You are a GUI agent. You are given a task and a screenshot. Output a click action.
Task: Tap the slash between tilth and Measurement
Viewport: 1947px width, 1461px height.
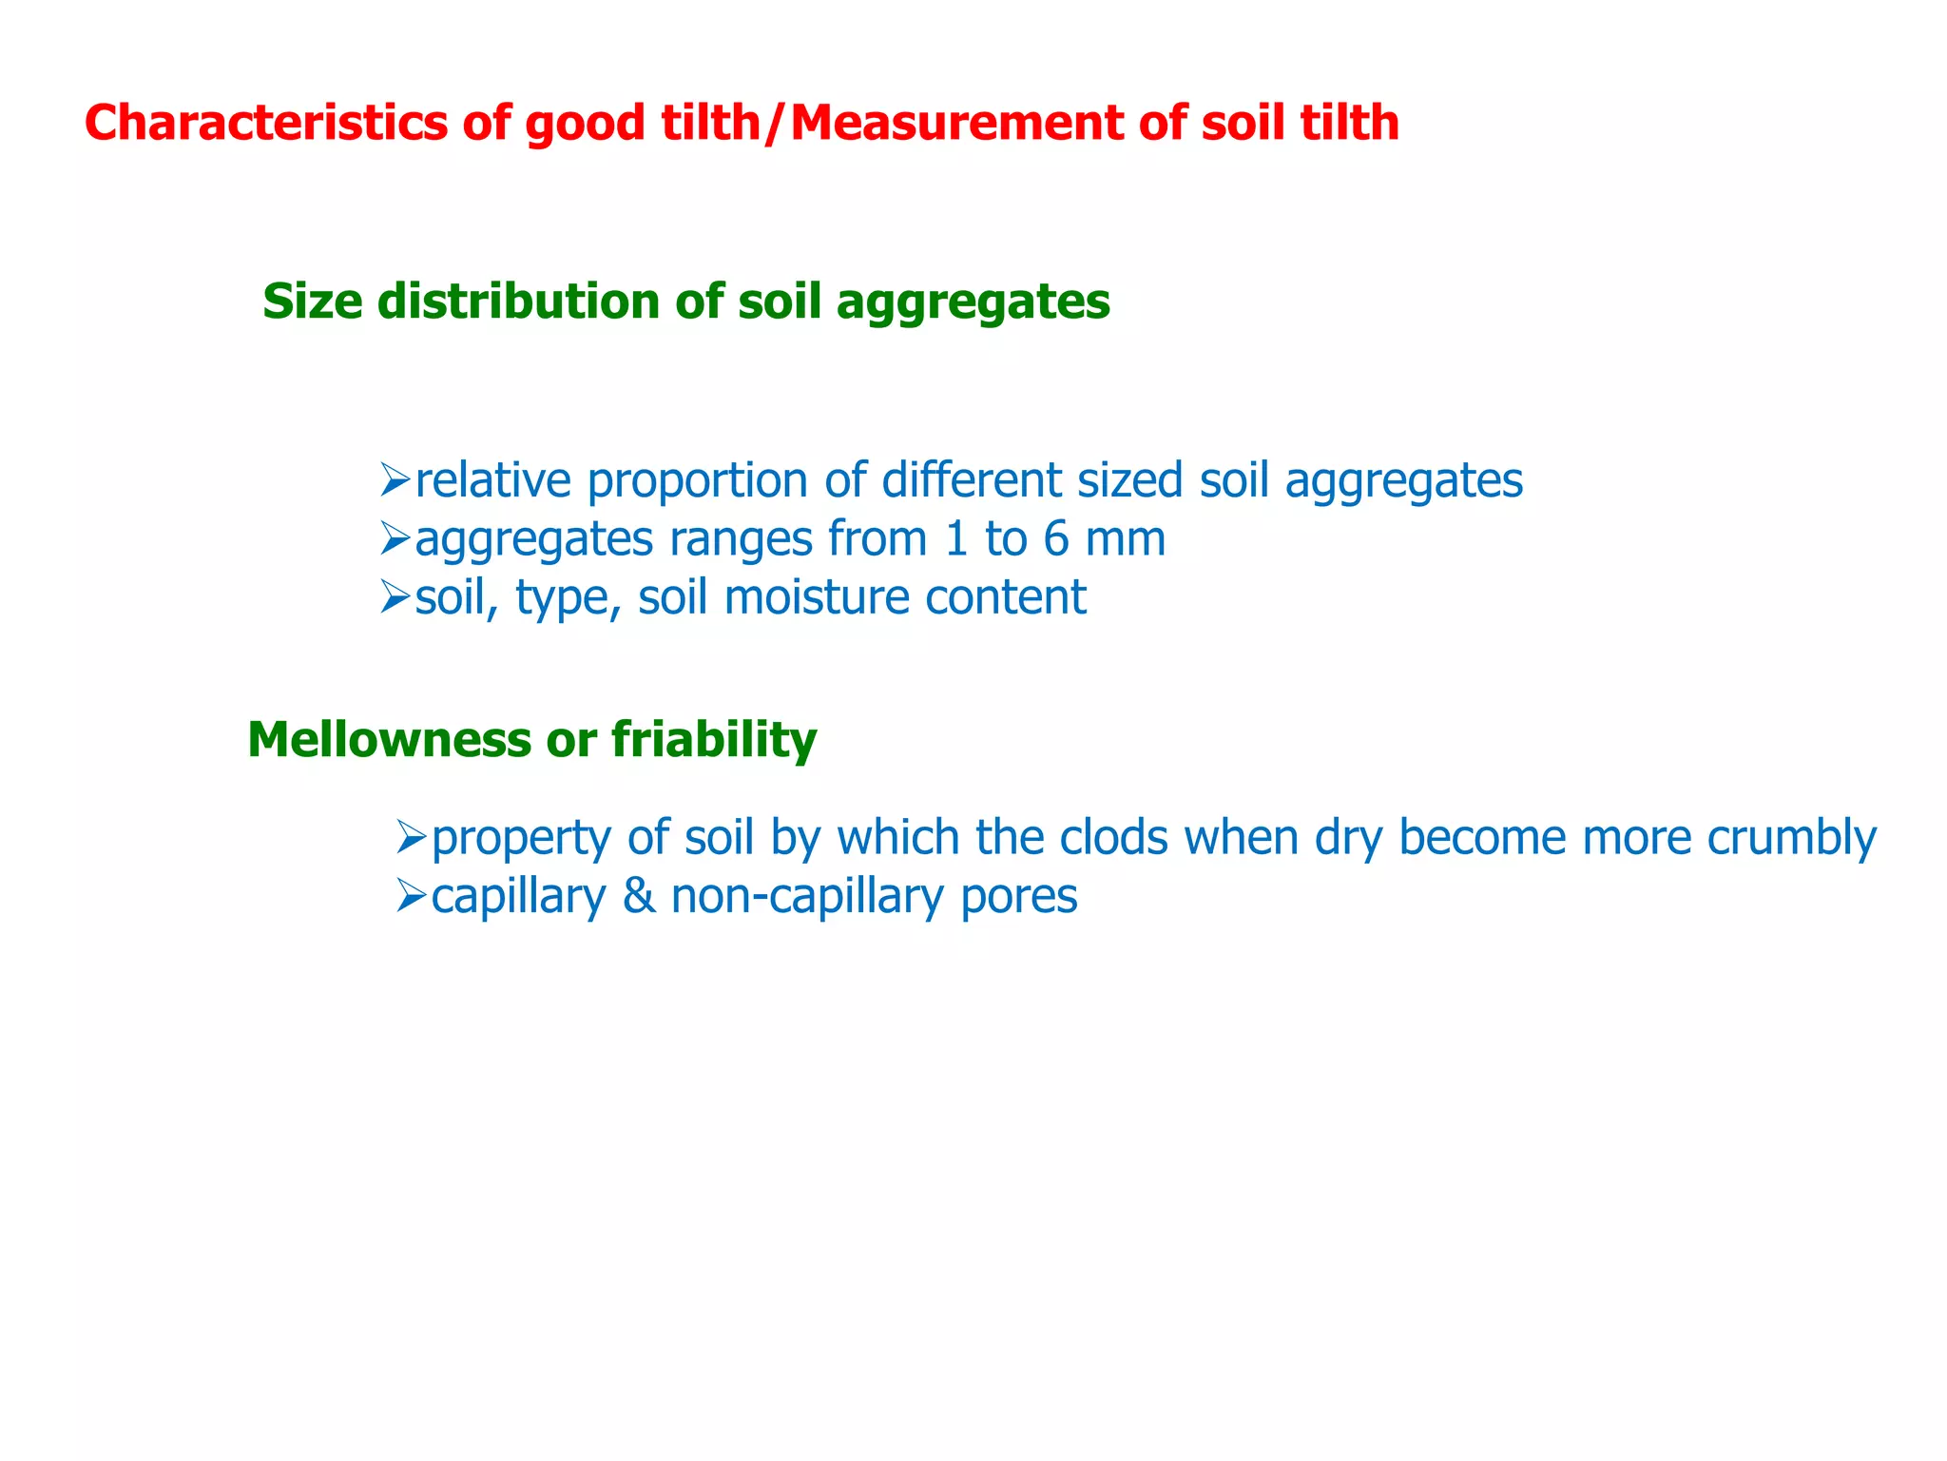pyautogui.click(x=776, y=124)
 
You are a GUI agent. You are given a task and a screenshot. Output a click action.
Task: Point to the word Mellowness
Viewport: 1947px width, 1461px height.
pyautogui.click(x=389, y=739)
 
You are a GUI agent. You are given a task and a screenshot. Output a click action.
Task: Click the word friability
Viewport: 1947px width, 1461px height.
pyautogui.click(x=714, y=739)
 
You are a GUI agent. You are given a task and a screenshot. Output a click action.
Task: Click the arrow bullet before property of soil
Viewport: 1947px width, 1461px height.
pyautogui.click(x=411, y=837)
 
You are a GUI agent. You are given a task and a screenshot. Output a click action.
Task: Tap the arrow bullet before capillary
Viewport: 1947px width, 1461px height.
pyautogui.click(x=411, y=896)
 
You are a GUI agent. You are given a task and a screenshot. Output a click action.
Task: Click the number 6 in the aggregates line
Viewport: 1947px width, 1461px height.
pyautogui.click(x=1055, y=539)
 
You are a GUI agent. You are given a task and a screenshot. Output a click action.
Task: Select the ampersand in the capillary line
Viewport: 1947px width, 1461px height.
pyautogui.click(x=638, y=897)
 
